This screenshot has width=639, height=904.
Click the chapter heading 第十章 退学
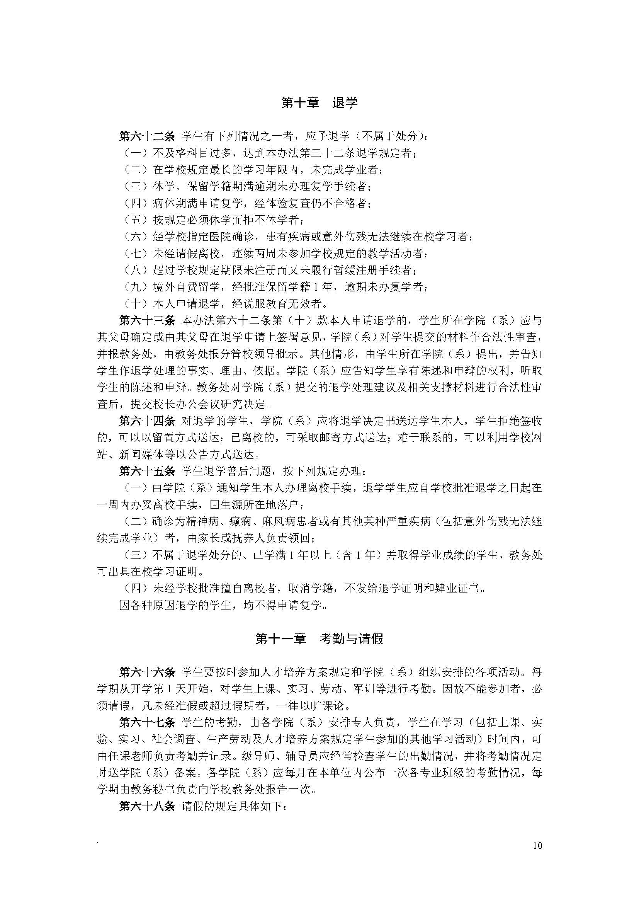pos(319,103)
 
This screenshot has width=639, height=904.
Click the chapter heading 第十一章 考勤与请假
pos(319,638)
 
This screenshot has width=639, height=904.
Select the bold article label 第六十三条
pos(147,320)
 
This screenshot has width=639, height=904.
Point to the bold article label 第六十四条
pos(147,421)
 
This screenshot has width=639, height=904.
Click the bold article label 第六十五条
pos(147,471)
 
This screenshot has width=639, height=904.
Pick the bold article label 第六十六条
pos(147,672)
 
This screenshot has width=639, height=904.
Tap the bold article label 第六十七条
pos(147,722)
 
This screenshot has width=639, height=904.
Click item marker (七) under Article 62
pos(135,254)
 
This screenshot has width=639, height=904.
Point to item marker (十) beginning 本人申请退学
pos(135,303)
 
